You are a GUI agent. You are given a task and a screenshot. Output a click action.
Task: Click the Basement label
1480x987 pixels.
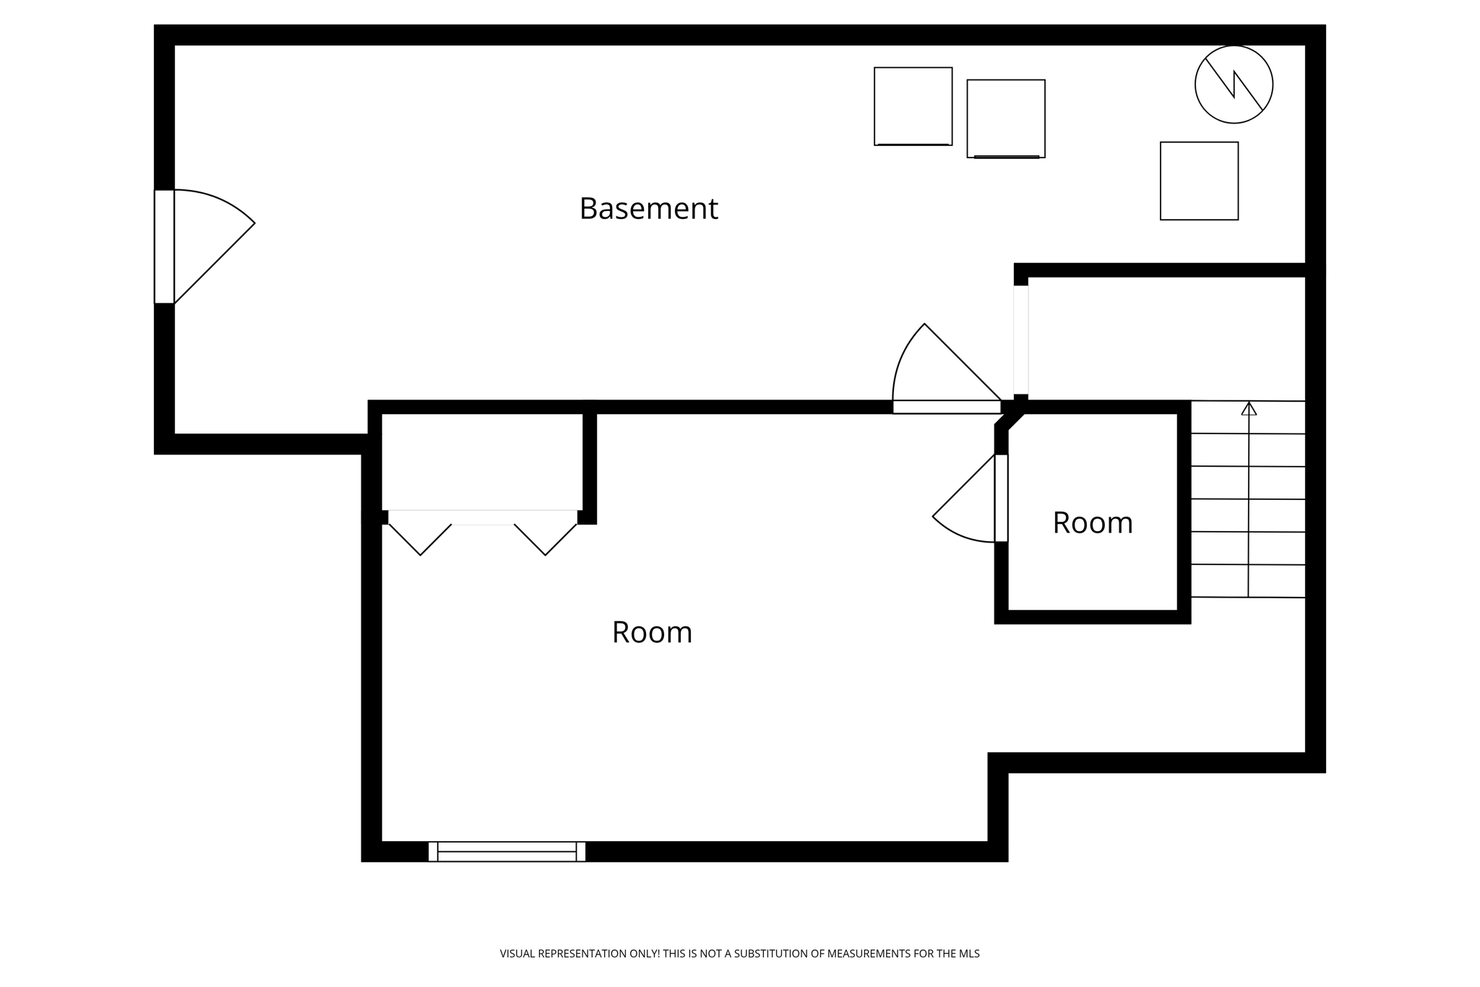coord(648,209)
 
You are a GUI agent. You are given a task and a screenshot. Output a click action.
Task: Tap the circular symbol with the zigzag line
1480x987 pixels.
coord(1234,85)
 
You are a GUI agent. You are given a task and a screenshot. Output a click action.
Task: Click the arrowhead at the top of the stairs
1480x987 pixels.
coord(1249,409)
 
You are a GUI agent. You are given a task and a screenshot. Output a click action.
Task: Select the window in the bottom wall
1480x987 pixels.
coord(507,851)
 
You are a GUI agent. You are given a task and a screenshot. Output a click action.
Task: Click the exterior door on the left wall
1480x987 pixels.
coord(165,246)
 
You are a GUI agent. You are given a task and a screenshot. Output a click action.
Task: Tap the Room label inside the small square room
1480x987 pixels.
coord(1092,523)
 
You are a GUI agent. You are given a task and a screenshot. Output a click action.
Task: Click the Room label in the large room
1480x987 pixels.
coord(652,632)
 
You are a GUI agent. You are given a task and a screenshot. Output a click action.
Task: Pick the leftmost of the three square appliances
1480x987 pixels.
coord(913,106)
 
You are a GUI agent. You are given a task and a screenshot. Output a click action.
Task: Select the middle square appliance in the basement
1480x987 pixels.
coord(1006,118)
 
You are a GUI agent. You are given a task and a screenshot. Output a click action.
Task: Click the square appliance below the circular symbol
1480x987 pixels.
coord(1199,181)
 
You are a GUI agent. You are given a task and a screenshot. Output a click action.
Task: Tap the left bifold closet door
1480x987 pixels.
coord(421,535)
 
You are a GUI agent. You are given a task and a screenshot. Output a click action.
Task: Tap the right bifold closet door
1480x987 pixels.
coord(546,535)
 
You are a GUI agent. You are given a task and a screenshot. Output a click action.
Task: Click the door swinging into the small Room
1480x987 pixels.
coord(1001,498)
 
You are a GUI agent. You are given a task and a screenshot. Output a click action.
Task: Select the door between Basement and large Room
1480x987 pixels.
coord(947,407)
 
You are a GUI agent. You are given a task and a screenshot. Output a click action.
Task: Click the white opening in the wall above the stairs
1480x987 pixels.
coord(1020,340)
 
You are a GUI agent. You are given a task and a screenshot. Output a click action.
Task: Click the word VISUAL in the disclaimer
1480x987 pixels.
coord(519,954)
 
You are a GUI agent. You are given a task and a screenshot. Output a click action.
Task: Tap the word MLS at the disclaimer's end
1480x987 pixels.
coord(969,954)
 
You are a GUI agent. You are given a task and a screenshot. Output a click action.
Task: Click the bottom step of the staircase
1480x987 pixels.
coord(1247,581)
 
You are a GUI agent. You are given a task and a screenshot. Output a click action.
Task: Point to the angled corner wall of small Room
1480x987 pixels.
coord(1010,421)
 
